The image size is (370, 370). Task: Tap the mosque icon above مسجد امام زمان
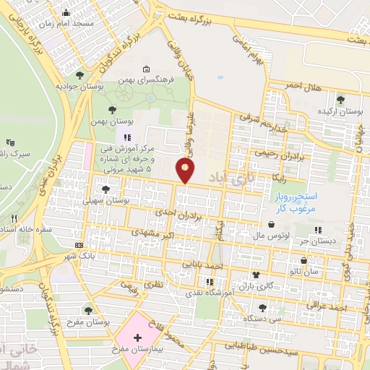click(66, 12)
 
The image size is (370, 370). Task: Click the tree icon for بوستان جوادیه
click(79, 74)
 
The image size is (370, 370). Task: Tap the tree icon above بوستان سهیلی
click(106, 189)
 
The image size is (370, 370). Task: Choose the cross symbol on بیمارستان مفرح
click(137, 337)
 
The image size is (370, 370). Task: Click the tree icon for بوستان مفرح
click(88, 311)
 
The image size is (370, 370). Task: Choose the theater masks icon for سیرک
click(9, 143)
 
